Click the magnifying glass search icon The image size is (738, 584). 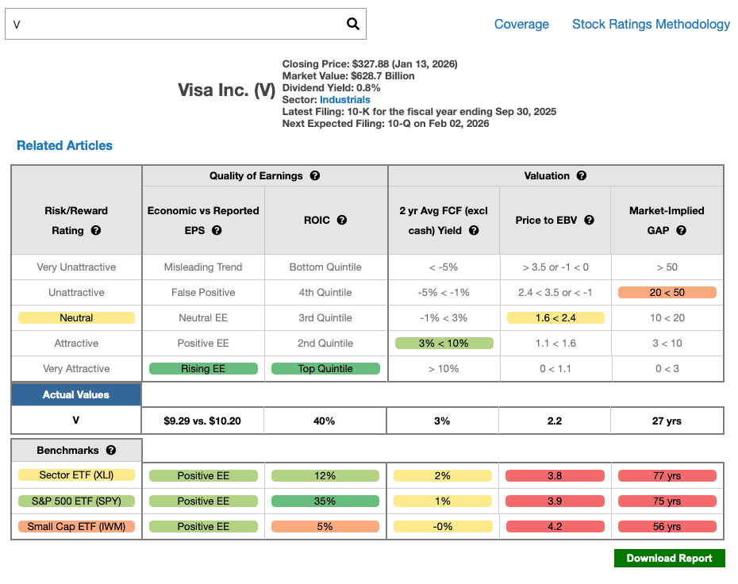click(353, 24)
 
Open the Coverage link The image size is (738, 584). click(521, 24)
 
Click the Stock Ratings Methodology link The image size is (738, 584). click(651, 24)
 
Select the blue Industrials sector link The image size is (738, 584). click(345, 100)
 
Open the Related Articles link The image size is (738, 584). click(64, 145)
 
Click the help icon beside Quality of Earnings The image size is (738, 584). click(315, 175)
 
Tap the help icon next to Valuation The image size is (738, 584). click(582, 175)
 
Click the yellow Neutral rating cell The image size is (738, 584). click(76, 318)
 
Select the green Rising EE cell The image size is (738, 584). click(203, 369)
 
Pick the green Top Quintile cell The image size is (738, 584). click(325, 369)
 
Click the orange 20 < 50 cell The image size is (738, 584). click(667, 293)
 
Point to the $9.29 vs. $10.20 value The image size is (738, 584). click(203, 421)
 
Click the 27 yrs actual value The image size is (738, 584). click(667, 421)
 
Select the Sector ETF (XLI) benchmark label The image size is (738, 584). click(76, 476)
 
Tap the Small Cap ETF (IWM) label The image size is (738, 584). click(76, 527)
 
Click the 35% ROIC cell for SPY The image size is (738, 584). click(325, 501)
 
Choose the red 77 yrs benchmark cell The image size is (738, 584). click(667, 476)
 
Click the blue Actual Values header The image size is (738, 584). click(76, 394)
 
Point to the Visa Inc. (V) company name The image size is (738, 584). click(226, 90)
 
